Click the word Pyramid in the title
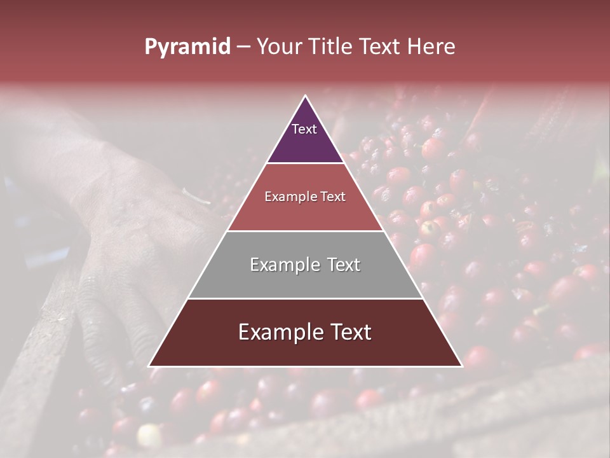(x=187, y=47)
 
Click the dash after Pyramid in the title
(x=243, y=47)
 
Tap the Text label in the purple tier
(x=304, y=129)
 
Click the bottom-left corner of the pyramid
(x=149, y=366)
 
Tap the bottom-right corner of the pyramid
(x=462, y=366)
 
